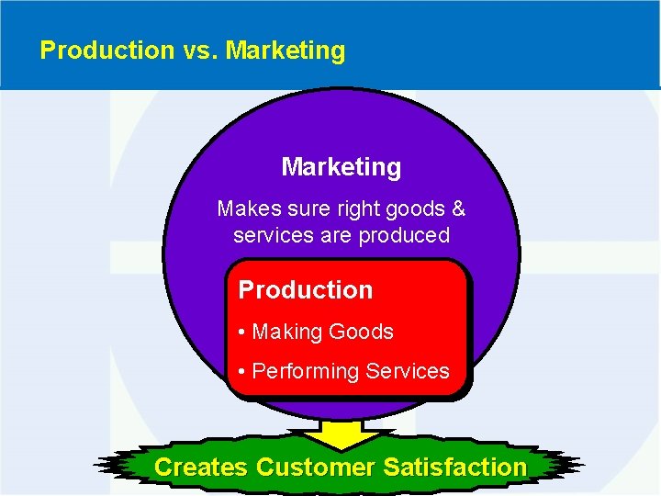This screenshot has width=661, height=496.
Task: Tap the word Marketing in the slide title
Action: coord(286,51)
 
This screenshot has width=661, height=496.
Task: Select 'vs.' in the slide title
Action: coord(196,51)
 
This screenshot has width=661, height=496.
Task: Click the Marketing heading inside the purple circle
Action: coord(341,167)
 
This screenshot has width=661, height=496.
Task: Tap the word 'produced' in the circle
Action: coord(404,235)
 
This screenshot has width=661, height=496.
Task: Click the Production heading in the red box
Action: coord(306,290)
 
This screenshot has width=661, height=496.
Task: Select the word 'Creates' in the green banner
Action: coord(200,468)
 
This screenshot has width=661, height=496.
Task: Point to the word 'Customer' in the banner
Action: coord(315,468)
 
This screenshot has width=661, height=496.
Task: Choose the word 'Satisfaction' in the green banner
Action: coord(455,468)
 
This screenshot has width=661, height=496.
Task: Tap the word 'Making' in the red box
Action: coord(284,333)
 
